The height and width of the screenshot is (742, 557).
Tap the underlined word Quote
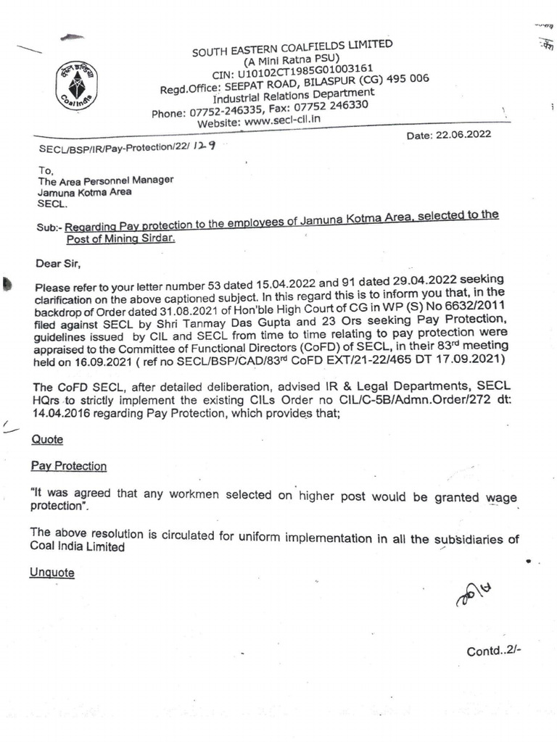(x=48, y=440)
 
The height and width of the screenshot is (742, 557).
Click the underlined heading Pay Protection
(x=69, y=466)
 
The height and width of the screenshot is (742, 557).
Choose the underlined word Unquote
(x=52, y=572)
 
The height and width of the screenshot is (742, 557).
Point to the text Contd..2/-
(x=494, y=650)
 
